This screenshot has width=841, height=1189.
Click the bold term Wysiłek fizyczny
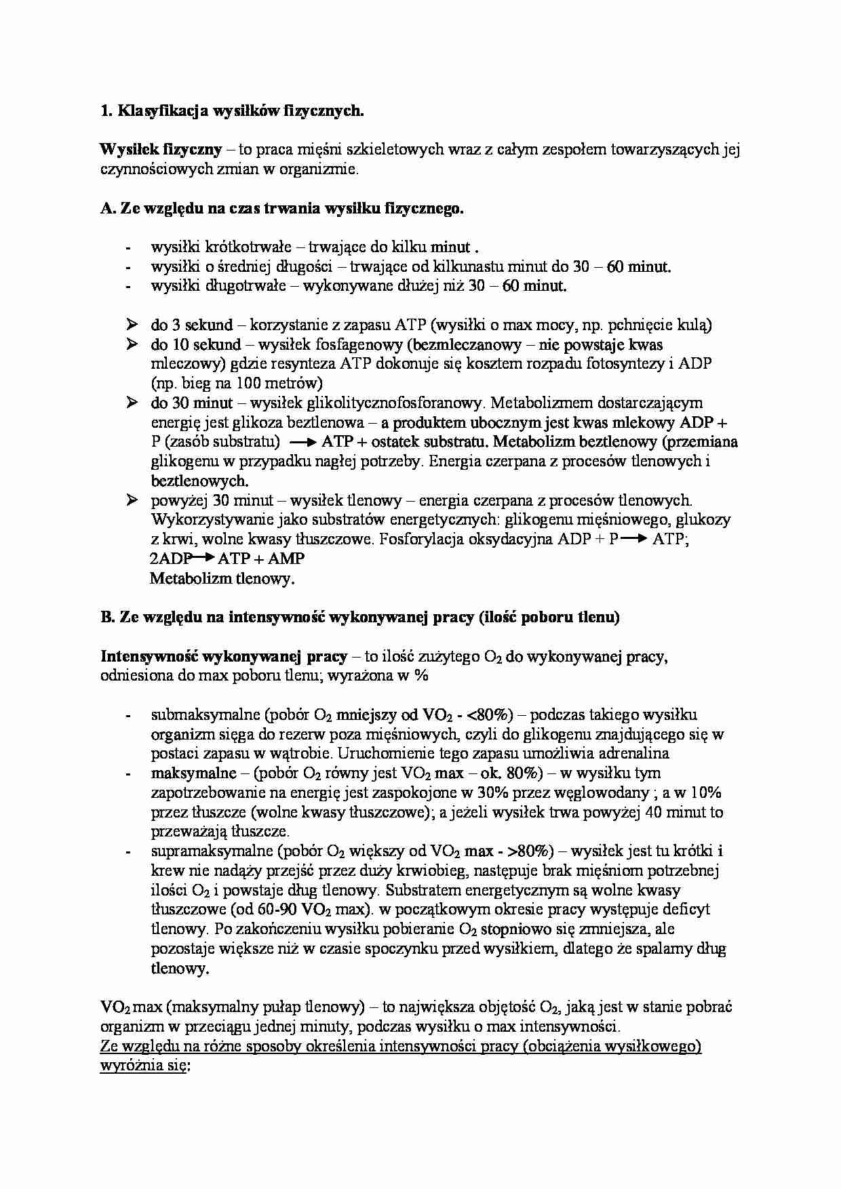(160, 150)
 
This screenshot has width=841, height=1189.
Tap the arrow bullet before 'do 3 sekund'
(132, 325)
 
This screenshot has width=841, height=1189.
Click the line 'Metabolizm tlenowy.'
(222, 579)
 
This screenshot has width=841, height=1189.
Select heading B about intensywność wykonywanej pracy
(359, 618)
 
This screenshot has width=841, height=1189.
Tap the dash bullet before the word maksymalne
(128, 773)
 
